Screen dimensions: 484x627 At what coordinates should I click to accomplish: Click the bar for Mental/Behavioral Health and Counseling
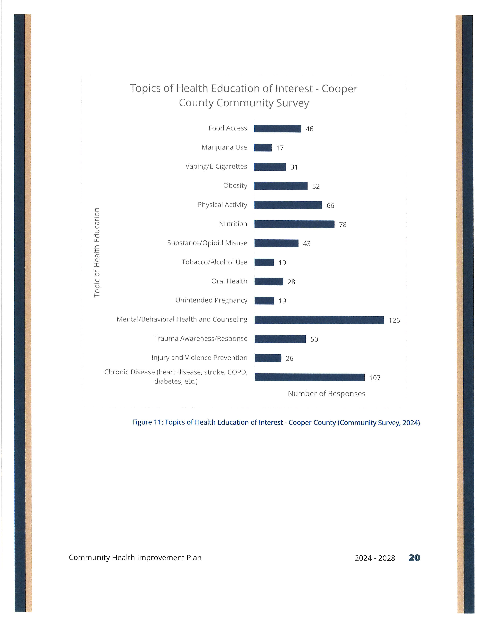[319, 320]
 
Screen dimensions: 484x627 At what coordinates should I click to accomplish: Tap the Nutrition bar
[294, 224]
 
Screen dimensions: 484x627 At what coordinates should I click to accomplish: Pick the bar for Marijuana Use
[263, 148]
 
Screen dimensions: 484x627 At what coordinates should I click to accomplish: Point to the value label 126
[394, 320]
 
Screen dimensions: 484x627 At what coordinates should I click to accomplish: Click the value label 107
[375, 378]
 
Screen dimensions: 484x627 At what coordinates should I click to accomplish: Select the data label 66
[330, 206]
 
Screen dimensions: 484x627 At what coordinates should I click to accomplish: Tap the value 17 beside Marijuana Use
[280, 148]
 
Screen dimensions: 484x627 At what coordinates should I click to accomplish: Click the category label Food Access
[228, 128]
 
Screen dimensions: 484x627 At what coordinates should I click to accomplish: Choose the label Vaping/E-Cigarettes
[216, 166]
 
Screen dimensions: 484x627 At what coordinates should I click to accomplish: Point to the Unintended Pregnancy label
[211, 300]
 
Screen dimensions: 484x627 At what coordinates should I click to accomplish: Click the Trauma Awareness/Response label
[201, 338]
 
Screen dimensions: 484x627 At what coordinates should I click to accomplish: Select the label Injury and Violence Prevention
[199, 358]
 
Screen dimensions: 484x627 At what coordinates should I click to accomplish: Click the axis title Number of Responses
[327, 394]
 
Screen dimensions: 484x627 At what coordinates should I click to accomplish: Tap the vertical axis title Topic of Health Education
[97, 253]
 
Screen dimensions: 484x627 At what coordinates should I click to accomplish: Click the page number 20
[414, 558]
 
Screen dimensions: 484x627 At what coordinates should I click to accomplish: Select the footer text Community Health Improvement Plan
[135, 558]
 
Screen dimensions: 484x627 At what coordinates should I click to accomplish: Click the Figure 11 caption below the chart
[276, 423]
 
